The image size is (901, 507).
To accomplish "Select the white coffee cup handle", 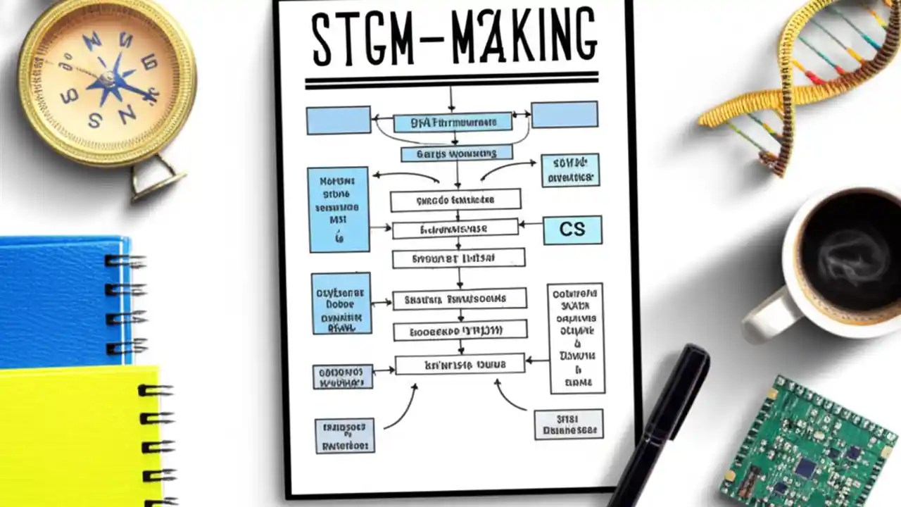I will [767, 317].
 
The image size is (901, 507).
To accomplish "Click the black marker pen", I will [662, 423].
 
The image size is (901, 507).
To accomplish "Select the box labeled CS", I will [572, 230].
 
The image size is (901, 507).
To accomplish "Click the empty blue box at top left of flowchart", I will [339, 120].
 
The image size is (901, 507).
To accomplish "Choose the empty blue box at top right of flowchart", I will [565, 115].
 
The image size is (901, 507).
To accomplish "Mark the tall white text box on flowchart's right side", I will [576, 338].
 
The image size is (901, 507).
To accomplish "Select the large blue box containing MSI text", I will [339, 209].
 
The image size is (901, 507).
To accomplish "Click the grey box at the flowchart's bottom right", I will [568, 425].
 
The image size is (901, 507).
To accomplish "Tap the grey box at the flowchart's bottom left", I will [344, 435].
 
